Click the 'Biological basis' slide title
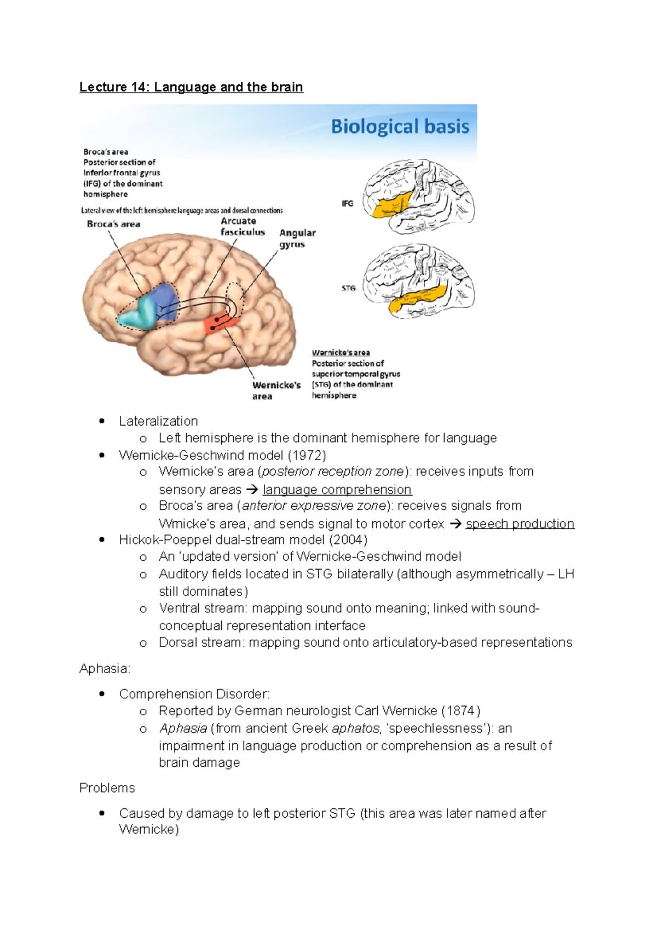(x=400, y=127)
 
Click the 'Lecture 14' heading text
(x=191, y=87)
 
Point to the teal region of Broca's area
(x=139, y=314)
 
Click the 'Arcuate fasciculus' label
(x=243, y=227)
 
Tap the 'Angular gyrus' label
(x=297, y=238)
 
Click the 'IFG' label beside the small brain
(x=348, y=204)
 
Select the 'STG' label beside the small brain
(x=348, y=288)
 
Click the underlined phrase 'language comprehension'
(x=337, y=490)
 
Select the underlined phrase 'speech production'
(x=520, y=524)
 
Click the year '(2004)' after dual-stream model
(x=348, y=540)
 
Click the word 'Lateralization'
(x=158, y=421)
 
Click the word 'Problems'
(x=107, y=788)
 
